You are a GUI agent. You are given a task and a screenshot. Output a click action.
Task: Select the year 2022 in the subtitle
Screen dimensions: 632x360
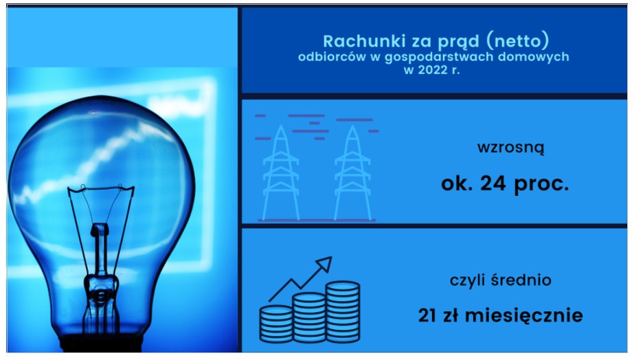433,70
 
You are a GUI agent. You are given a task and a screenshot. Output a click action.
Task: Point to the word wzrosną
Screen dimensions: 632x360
510,147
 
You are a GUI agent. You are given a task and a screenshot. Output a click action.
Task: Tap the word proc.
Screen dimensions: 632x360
541,185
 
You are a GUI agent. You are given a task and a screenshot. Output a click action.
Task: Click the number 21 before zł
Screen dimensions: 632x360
428,315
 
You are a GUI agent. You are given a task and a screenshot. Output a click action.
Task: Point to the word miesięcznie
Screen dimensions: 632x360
524,315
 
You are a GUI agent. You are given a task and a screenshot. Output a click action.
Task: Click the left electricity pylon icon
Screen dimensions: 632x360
281,172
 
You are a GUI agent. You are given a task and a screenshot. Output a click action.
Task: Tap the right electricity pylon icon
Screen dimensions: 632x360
352,172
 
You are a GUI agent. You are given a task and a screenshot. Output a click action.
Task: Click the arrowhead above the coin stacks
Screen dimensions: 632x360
325,263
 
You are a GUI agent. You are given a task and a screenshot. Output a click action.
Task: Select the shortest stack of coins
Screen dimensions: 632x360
276,324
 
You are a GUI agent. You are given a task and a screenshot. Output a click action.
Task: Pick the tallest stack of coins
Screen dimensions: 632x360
343,312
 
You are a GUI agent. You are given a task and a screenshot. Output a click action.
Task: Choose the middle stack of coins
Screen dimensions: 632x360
309,317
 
